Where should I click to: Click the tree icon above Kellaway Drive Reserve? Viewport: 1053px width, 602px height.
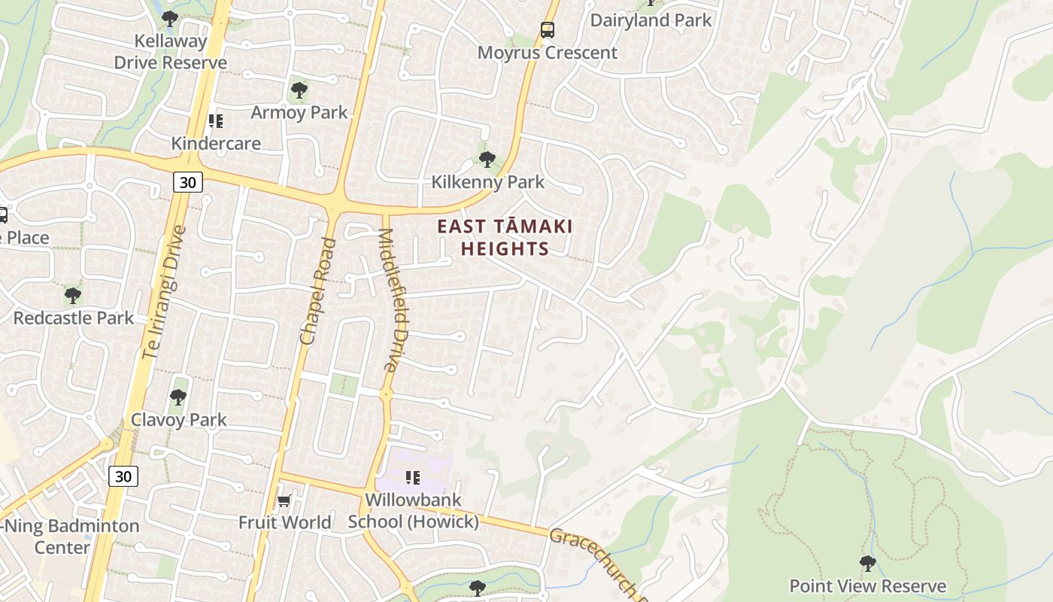[x=170, y=18]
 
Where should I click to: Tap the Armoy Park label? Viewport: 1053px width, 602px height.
[x=299, y=113]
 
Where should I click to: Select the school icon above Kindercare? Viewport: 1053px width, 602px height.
[x=216, y=121]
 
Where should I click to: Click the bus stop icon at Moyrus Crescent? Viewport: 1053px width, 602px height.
[x=548, y=30]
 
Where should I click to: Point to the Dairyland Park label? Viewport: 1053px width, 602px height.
[x=651, y=20]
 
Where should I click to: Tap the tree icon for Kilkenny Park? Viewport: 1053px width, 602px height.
[x=487, y=160]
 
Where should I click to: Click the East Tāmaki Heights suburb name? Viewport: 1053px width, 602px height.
[x=505, y=237]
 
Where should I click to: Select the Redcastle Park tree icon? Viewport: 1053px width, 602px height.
[x=73, y=295]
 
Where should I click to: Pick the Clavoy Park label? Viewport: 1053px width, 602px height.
[x=179, y=420]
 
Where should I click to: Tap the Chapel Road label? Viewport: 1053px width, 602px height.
[x=317, y=291]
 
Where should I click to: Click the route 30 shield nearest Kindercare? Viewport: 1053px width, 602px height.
[x=187, y=182]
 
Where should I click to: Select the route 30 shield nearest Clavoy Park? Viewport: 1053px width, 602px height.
[x=123, y=476]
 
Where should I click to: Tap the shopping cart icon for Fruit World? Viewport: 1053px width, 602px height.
[x=284, y=500]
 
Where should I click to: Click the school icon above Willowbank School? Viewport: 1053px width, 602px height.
[x=412, y=478]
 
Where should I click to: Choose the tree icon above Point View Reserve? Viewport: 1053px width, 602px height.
[x=867, y=563]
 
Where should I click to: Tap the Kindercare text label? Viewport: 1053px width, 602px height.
[x=216, y=144]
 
